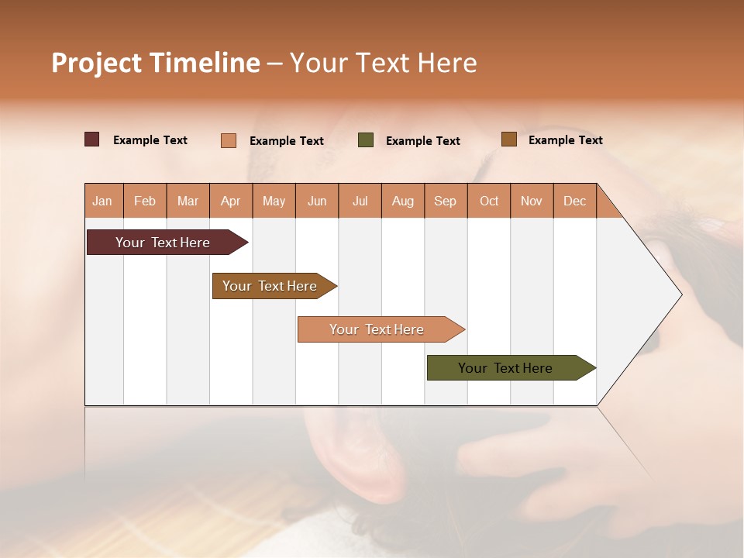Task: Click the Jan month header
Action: click(102, 201)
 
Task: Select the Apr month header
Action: click(231, 201)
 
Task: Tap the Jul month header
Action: click(360, 201)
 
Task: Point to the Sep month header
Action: click(445, 201)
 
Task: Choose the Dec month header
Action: click(574, 201)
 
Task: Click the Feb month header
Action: click(145, 201)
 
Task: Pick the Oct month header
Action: click(489, 201)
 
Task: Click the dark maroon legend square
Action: click(92, 139)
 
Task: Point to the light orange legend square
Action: click(229, 140)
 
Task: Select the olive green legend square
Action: click(366, 140)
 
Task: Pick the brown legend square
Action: click(509, 139)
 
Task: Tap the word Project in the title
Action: click(96, 63)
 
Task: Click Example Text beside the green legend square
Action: click(422, 141)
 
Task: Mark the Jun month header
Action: click(317, 201)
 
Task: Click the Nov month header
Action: click(532, 201)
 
